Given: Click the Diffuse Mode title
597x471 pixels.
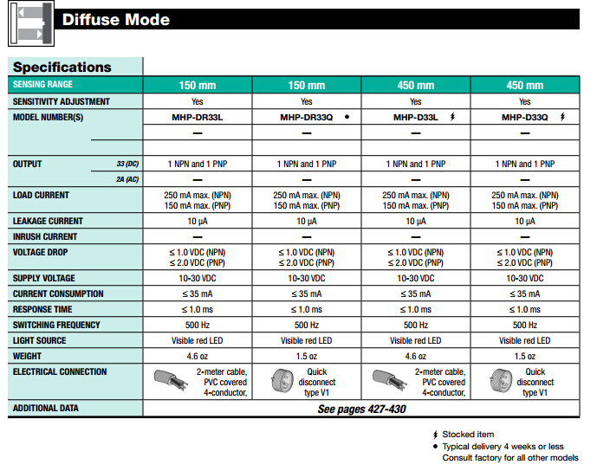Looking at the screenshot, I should tap(116, 20).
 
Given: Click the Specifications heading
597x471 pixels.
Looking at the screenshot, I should tap(62, 67).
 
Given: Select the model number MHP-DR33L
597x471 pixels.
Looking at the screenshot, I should tap(197, 117).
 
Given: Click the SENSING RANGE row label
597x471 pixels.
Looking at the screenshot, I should tap(42, 85).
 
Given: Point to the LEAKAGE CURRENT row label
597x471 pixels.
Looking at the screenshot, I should tap(48, 221).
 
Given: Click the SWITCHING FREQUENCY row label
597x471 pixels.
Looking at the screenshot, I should tap(55, 325).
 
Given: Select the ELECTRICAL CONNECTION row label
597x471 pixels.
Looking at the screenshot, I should tap(60, 371).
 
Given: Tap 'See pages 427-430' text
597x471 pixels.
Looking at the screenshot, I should tap(361, 409).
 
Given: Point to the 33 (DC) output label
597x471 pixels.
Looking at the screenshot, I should tap(127, 164).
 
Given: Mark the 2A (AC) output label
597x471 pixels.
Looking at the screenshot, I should tap(127, 179).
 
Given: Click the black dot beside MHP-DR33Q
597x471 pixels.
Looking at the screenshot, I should tap(347, 117).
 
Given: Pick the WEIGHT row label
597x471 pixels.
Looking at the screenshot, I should tap(28, 356).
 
